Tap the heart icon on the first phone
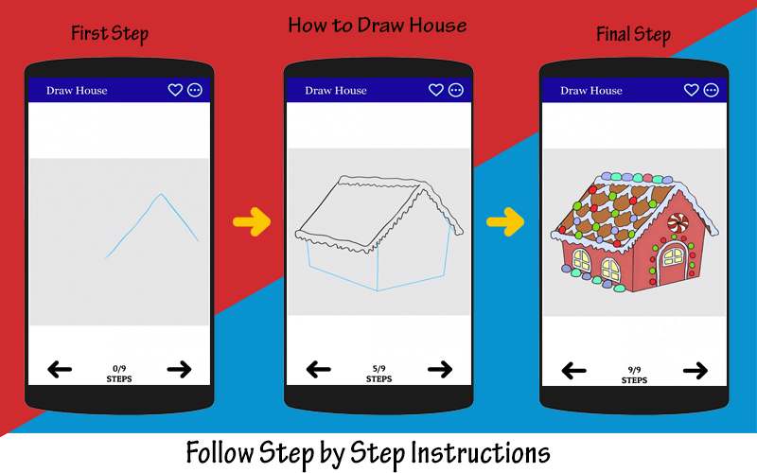click(x=175, y=90)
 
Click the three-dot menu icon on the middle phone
click(x=456, y=90)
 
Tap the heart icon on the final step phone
click(x=692, y=90)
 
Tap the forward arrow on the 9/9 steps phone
click(x=695, y=371)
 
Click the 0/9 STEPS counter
click(x=119, y=374)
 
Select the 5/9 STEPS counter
click(x=379, y=374)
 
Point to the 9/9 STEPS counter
click(x=634, y=376)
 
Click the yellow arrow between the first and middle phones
click(x=252, y=222)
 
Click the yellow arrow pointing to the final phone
click(x=505, y=222)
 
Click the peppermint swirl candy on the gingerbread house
click(x=678, y=223)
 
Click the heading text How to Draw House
click(x=378, y=26)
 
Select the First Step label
click(x=110, y=34)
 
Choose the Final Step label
click(x=633, y=35)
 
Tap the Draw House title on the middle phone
click(x=336, y=90)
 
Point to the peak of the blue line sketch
click(x=161, y=194)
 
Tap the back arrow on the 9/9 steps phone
click(x=574, y=371)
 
